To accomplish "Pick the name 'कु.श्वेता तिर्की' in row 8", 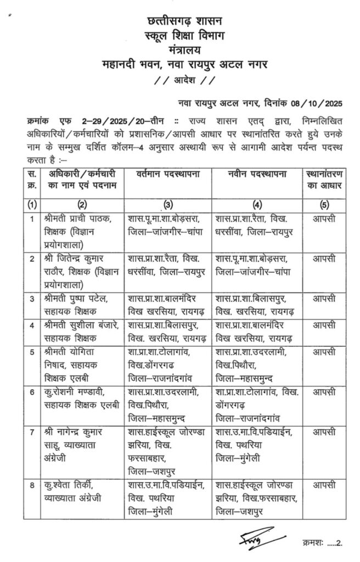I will click(x=69, y=485).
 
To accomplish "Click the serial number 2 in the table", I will click(x=32, y=258).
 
